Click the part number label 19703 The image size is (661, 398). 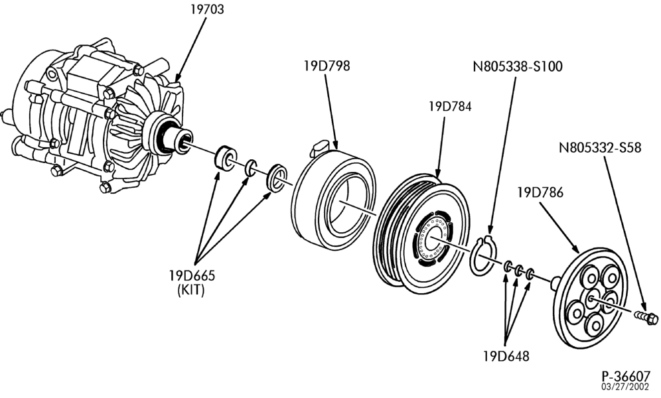coord(207,9)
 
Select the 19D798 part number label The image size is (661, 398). coord(327,66)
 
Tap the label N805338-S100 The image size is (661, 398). coord(518,66)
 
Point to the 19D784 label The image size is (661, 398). coord(450,106)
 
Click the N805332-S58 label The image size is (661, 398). coord(600,147)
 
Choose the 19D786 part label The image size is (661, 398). coord(540,192)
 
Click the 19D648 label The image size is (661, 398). coord(506,356)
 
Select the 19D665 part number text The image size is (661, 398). coord(192,276)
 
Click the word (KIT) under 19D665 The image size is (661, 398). coord(191,290)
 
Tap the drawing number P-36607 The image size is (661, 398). coord(626,376)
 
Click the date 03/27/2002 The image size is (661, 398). coord(626,387)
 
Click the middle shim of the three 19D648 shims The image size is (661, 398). coord(519,270)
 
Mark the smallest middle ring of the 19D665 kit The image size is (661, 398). coord(252,167)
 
